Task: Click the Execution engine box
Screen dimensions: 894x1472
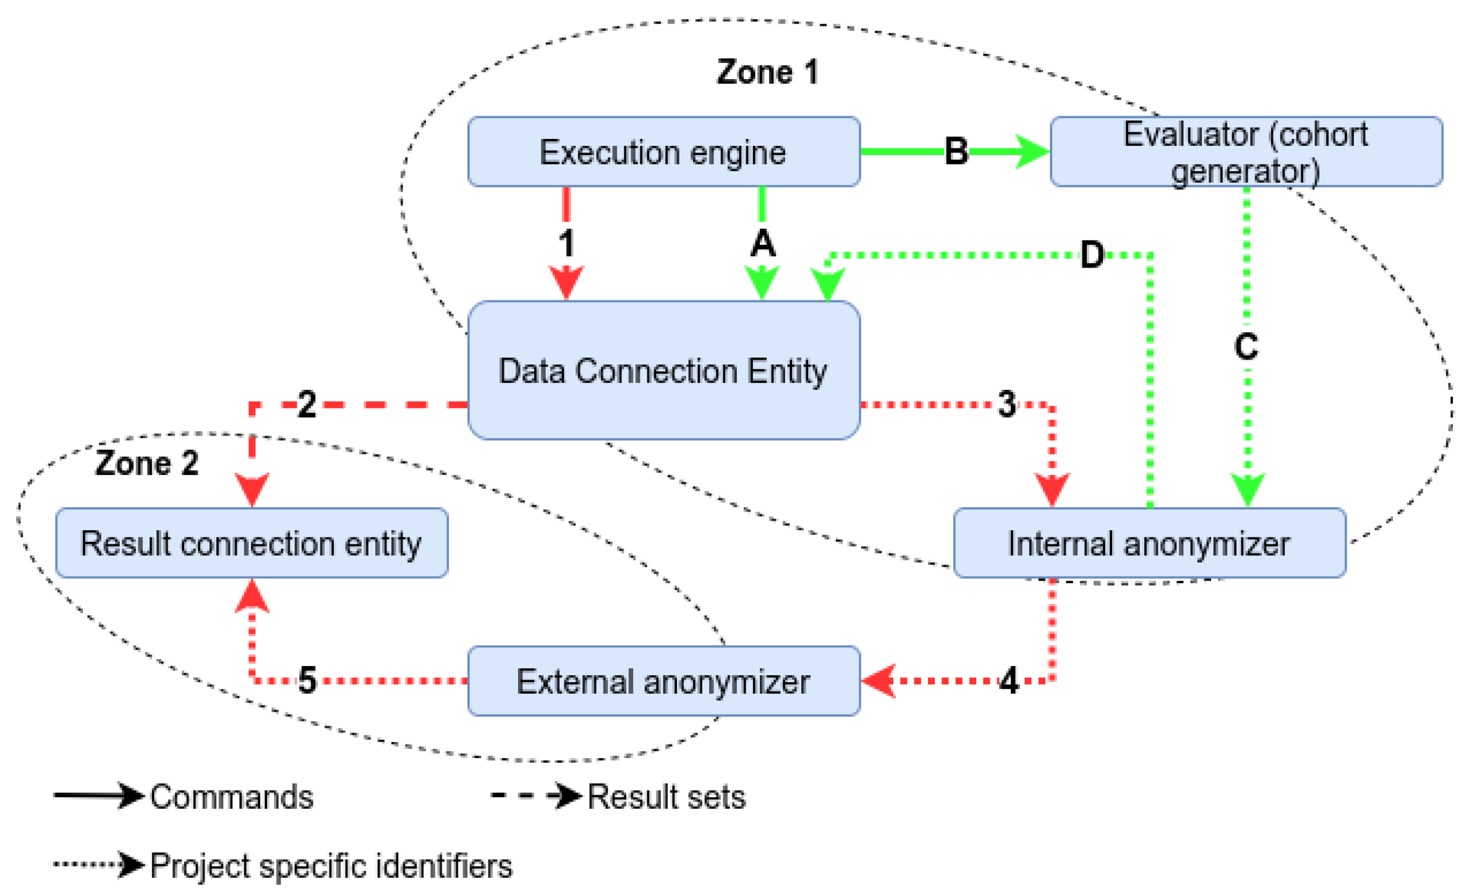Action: [x=663, y=151]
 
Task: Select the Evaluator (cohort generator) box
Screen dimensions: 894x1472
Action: [x=1245, y=151]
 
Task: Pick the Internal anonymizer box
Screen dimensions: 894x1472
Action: [x=1149, y=543]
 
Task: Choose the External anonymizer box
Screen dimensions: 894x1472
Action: [x=663, y=681]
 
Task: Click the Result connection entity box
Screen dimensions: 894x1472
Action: [x=251, y=543]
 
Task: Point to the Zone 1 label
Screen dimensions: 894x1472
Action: [x=767, y=72]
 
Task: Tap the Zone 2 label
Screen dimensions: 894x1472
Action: [x=147, y=463]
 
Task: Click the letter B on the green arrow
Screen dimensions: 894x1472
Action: [x=956, y=151]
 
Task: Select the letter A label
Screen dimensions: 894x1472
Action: [x=762, y=243]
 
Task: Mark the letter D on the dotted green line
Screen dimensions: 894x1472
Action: [x=1091, y=254]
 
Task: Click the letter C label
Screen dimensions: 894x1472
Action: [x=1246, y=346]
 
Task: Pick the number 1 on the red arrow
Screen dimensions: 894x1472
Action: [x=566, y=243]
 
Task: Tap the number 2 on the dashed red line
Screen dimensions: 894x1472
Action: [x=307, y=404]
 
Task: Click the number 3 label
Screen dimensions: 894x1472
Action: [x=1006, y=404]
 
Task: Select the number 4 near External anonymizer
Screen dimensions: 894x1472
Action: [x=1008, y=681]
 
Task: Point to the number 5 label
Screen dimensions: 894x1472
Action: [x=307, y=680]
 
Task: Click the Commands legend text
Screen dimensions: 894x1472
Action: [x=231, y=796]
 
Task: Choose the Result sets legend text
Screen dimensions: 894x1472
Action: [x=666, y=796]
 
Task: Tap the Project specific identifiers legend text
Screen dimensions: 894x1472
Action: [x=331, y=866]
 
